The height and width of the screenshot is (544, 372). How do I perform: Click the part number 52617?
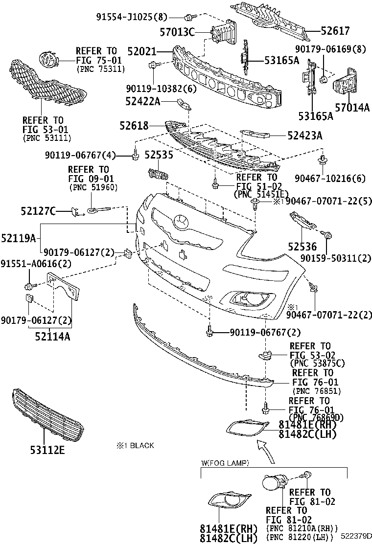click(335, 31)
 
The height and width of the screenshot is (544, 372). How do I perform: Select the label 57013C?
click(177, 32)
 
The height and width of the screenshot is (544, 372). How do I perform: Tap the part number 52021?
click(141, 50)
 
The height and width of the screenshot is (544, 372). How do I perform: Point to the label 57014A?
click(352, 108)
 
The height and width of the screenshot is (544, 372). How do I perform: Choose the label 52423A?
click(305, 136)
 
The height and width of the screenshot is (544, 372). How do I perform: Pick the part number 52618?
click(133, 126)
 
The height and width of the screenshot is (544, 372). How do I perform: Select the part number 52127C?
click(38, 211)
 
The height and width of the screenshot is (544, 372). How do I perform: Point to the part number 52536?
click(302, 247)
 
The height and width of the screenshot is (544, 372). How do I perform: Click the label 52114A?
click(52, 336)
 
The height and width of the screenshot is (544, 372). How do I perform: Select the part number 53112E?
click(46, 450)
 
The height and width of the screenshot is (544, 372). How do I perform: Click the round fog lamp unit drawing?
click(272, 484)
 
